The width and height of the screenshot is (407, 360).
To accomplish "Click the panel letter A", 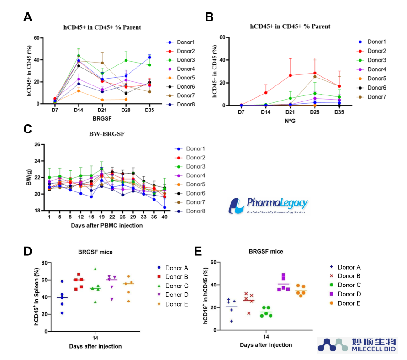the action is (28, 17).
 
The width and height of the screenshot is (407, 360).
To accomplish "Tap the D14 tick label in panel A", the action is (79, 110).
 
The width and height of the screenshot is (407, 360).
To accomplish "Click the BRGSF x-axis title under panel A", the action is (102, 119).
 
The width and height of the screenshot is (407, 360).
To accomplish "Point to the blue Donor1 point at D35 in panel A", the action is (149, 58).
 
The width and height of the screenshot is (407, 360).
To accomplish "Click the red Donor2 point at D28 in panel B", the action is (315, 73).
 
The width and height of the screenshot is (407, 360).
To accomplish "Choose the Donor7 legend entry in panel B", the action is (372, 97).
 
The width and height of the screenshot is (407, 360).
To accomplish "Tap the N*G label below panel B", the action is (290, 121).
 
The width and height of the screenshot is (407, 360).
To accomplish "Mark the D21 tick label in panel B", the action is (290, 112).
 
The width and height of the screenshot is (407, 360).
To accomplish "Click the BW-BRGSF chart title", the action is (107, 134).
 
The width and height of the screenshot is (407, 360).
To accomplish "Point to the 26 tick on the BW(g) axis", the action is (37, 144).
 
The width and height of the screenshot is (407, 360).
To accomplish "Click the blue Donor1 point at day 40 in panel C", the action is (164, 208).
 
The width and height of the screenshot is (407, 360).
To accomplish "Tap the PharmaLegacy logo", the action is (268, 206).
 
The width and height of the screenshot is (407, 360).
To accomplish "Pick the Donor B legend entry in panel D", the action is (173, 277).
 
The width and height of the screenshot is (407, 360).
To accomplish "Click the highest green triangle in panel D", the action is (95, 269).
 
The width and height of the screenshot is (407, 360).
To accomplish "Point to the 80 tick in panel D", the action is (44, 263).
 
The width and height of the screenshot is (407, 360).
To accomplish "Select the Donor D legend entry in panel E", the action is (345, 294).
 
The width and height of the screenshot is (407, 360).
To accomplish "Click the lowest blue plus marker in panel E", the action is (231, 321).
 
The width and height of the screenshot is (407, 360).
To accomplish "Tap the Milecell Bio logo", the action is (357, 345).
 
